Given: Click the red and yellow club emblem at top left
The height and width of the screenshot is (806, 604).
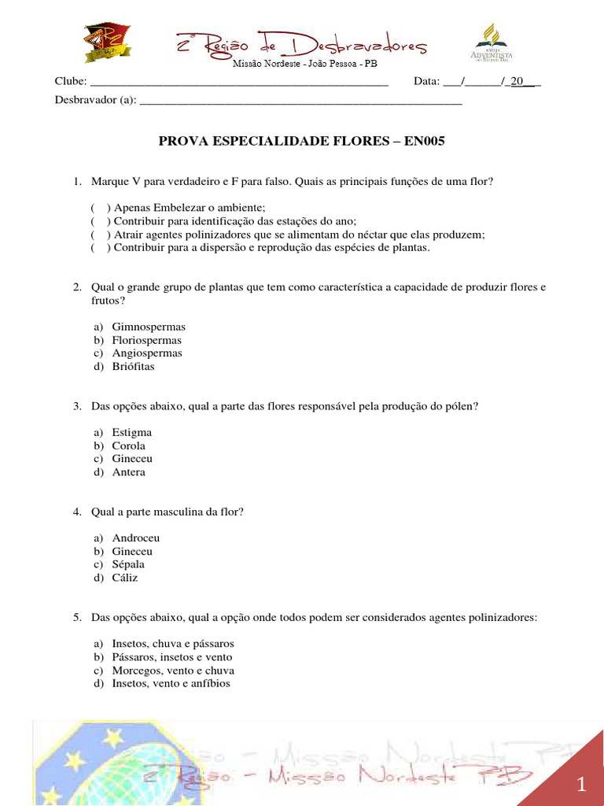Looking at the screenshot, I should point(107,43).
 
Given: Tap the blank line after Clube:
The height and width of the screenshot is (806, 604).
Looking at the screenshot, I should point(240,83).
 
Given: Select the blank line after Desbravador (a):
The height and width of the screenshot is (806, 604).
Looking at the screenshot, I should point(300,101).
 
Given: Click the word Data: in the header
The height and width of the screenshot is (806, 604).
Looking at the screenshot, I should point(426,82).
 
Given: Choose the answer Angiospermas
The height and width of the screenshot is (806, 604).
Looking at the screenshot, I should point(147,353).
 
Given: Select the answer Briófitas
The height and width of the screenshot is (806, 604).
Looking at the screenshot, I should point(134,367).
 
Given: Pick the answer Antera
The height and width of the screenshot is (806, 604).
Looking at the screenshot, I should point(129,472).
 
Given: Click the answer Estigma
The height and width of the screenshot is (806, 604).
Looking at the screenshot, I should point(132,432).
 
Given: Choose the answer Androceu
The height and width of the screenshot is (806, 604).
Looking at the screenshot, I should point(136,538).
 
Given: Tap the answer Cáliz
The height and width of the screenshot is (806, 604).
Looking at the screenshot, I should point(125,578).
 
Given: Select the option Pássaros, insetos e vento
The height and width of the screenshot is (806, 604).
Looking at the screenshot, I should point(172,657).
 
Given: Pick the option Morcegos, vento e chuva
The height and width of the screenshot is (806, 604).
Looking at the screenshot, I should point(173,671).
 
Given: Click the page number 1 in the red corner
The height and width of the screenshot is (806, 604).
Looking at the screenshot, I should point(581,784).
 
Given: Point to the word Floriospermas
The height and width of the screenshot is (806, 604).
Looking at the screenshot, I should point(147,340).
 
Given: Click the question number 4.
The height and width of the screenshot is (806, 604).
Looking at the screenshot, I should point(77,512).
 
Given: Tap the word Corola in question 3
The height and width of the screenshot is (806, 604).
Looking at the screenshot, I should point(129,446).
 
